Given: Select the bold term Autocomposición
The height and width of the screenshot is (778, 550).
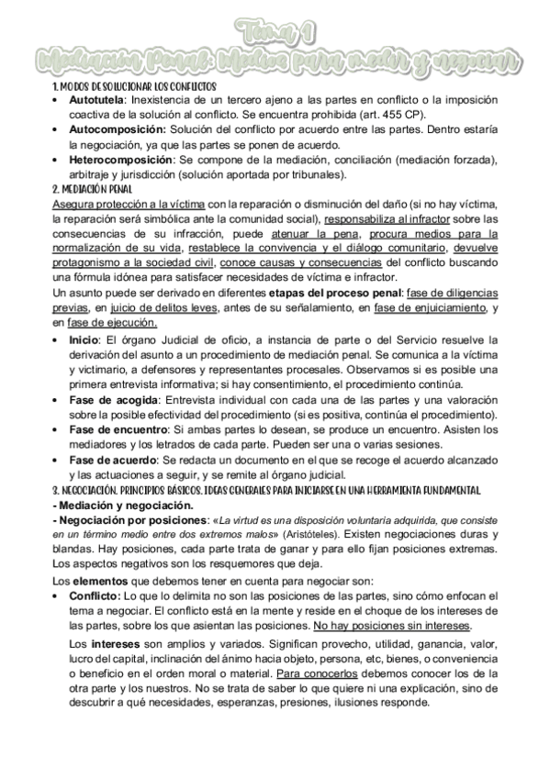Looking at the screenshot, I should click(x=113, y=130).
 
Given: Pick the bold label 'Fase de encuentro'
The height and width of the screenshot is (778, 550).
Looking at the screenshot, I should click(x=116, y=429).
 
